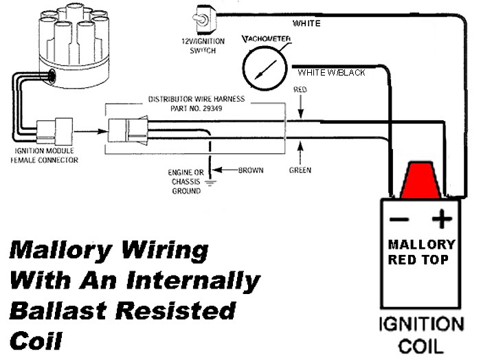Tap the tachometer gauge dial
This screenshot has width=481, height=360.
tap(265, 69)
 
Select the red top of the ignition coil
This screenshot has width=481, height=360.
tap(421, 180)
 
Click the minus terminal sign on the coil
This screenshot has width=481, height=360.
tap(399, 219)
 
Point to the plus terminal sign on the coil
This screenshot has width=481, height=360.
tap(442, 218)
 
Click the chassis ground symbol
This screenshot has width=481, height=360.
tap(210, 183)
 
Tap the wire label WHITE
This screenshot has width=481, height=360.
tap(306, 23)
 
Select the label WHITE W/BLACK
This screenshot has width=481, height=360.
tap(331, 73)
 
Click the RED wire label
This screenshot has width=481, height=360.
tap(300, 89)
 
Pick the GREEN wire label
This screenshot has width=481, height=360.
tap(300, 170)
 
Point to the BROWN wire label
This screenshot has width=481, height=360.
tap(251, 170)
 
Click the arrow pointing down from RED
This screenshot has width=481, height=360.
tap(301, 106)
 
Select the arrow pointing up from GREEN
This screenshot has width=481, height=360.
tap(300, 153)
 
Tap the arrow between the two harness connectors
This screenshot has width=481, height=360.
tap(91, 131)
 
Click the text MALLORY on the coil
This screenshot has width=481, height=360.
tap(422, 245)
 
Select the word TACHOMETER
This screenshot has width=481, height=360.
tap(267, 39)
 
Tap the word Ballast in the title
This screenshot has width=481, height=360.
tap(58, 311)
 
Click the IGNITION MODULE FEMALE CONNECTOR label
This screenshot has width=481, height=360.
tap(45, 155)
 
